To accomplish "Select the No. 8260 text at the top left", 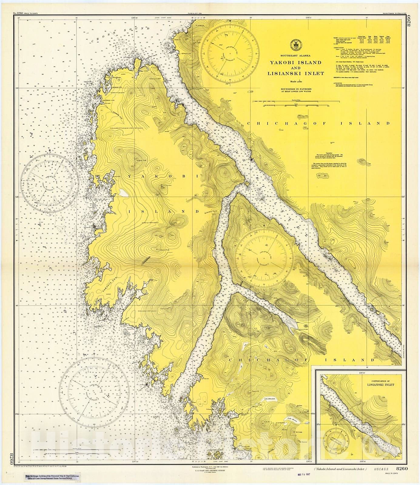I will click(x=18, y=13).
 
